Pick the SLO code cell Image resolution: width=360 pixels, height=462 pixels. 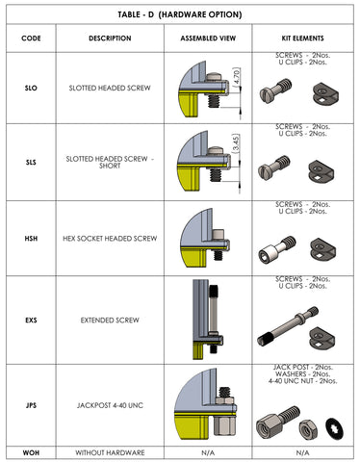click(x=31, y=88)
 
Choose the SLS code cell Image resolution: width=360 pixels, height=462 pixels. click(x=31, y=161)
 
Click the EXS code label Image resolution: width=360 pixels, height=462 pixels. click(x=31, y=319)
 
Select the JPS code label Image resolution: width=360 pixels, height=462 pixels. click(x=31, y=405)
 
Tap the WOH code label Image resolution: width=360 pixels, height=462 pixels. click(x=31, y=452)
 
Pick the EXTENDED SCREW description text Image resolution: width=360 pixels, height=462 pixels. click(x=110, y=319)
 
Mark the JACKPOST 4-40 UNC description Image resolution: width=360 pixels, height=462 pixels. click(x=110, y=405)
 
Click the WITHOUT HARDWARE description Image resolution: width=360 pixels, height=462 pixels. click(x=110, y=452)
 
